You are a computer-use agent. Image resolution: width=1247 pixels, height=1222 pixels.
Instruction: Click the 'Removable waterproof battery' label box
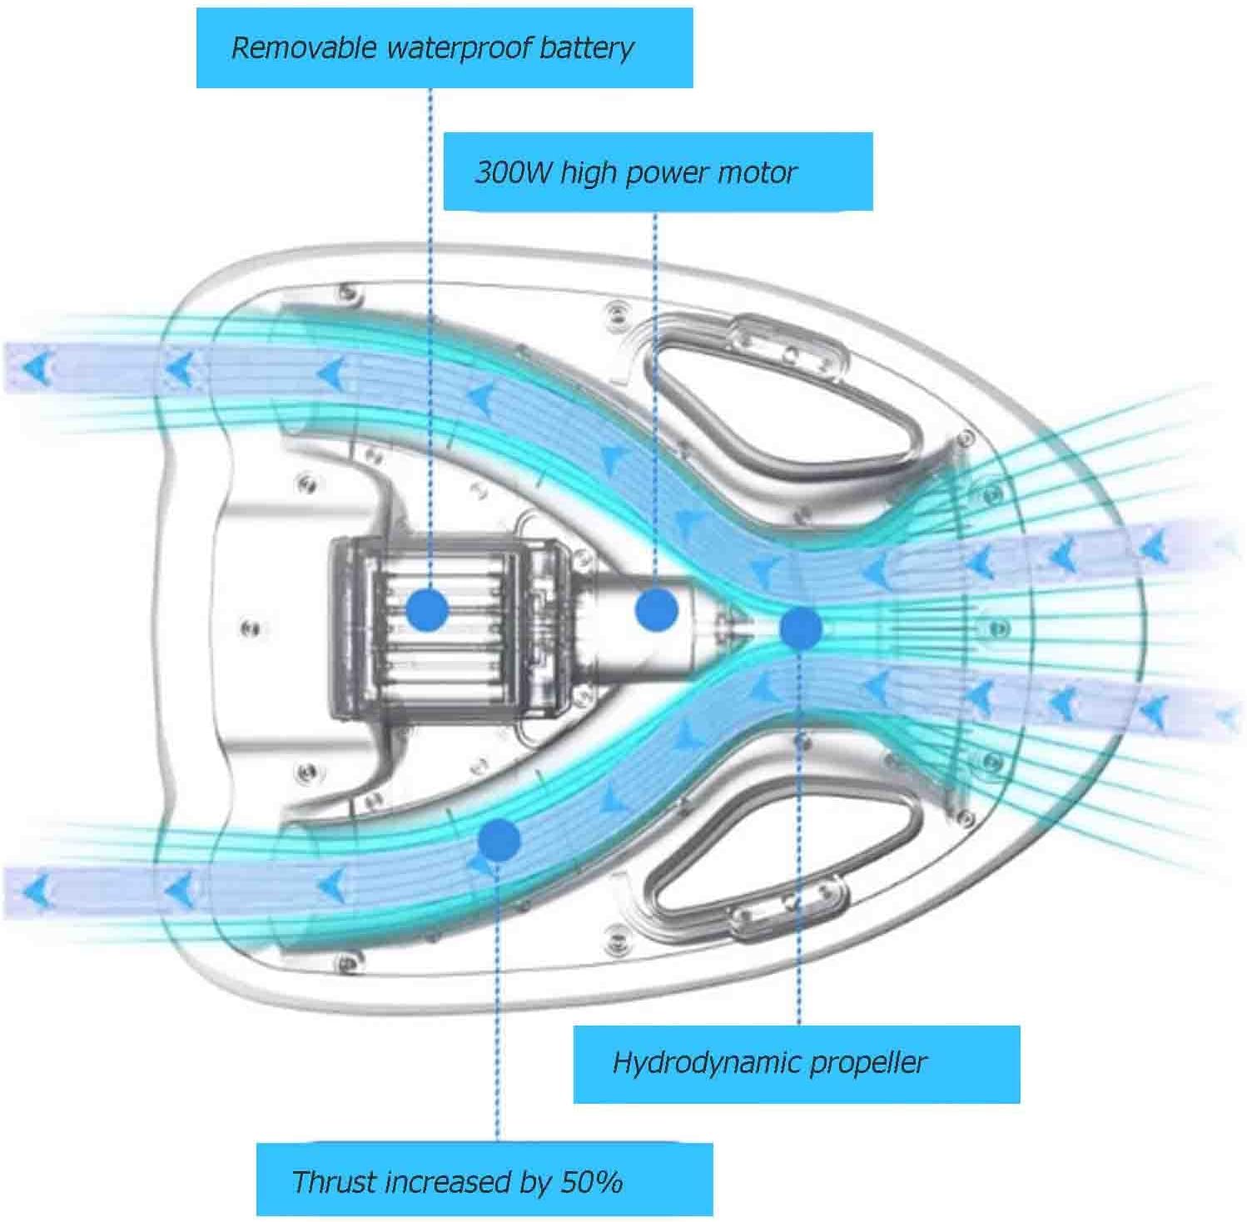(x=445, y=47)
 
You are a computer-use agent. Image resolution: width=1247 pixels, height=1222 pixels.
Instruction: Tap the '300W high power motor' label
(x=658, y=171)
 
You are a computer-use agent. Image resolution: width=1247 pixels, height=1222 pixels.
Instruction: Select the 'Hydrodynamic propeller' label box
(x=796, y=1064)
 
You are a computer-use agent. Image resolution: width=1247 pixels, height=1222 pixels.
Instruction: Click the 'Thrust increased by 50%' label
(x=484, y=1180)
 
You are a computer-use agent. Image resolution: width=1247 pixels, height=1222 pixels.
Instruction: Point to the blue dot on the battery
(x=429, y=610)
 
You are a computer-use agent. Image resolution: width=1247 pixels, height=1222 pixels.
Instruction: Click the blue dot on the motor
(x=656, y=609)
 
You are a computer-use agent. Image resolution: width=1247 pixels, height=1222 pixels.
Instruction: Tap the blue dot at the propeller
(x=801, y=628)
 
